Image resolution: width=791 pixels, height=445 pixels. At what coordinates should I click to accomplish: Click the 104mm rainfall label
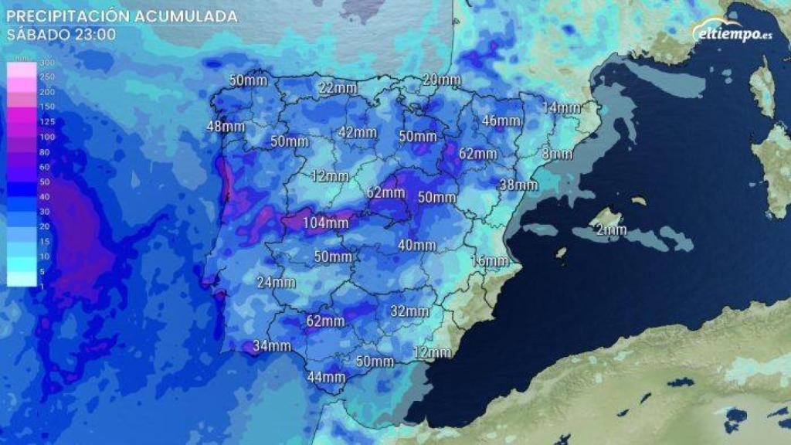click(x=325, y=223)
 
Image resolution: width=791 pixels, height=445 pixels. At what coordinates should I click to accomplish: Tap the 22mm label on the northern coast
click(x=338, y=88)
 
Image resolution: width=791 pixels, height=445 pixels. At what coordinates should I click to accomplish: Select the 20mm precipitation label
click(x=442, y=80)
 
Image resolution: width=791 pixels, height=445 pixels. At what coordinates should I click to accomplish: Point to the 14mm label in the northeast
click(x=561, y=107)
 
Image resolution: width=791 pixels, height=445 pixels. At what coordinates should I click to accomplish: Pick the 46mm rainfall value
click(x=501, y=121)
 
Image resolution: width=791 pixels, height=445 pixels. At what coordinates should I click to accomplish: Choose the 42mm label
click(x=358, y=132)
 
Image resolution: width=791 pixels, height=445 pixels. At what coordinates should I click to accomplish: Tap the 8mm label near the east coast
click(x=557, y=154)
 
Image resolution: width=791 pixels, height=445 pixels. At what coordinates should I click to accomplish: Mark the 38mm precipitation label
click(x=518, y=185)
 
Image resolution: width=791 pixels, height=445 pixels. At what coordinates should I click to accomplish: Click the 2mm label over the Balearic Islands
click(x=611, y=229)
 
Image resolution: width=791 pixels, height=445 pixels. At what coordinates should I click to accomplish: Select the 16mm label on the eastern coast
click(x=488, y=261)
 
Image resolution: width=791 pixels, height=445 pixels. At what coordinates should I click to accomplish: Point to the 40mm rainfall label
click(x=416, y=246)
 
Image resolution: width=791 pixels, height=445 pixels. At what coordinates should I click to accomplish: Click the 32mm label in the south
click(x=409, y=311)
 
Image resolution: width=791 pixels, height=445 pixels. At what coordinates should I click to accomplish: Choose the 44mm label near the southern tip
click(x=326, y=377)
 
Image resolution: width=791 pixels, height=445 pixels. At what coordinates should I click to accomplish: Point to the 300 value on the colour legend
click(x=47, y=63)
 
